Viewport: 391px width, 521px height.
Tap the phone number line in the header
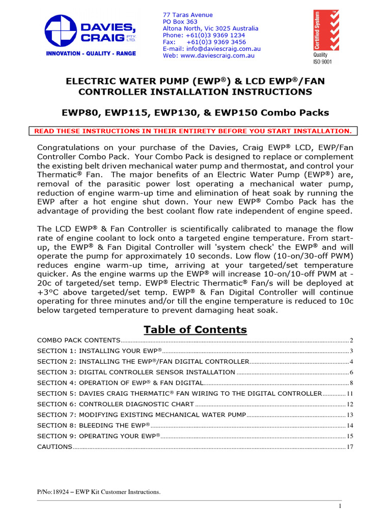pos(204,36)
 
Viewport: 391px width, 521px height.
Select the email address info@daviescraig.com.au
pos(211,49)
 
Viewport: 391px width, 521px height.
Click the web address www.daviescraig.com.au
pos(208,55)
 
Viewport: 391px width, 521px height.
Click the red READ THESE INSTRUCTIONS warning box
pos(193,131)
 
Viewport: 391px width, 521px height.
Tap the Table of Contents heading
pos(195,330)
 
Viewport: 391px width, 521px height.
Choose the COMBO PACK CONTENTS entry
pos(79,340)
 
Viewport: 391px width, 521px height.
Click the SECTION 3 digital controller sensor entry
pos(136,372)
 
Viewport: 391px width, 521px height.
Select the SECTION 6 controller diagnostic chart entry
pos(116,404)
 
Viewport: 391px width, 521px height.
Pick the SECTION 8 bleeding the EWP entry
pos(94,425)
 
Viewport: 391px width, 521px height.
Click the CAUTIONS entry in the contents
pos(55,447)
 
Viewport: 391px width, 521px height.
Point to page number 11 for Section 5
pos(350,394)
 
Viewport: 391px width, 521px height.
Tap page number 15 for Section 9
pos(350,437)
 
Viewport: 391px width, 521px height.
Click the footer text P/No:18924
pos(99,492)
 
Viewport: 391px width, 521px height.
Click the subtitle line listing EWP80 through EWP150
pos(195,112)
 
